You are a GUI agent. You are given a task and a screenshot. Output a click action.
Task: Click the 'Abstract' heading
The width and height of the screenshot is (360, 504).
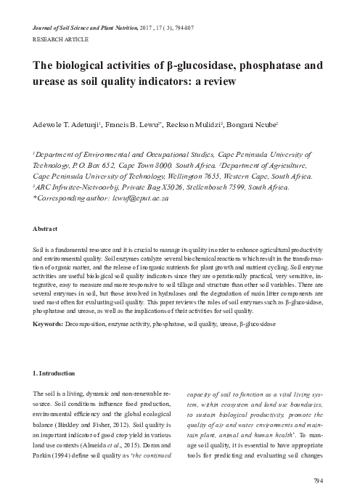(x=46, y=229)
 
